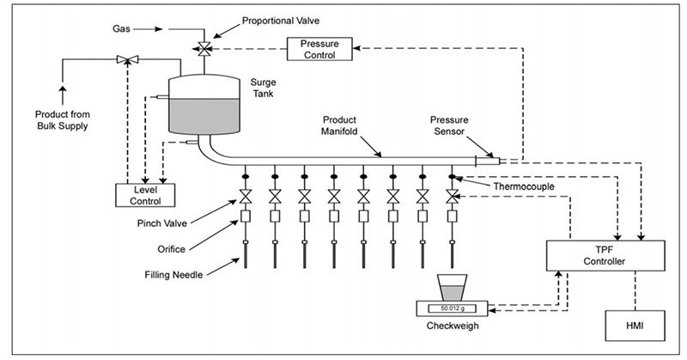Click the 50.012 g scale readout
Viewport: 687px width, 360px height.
pyautogui.click(x=451, y=308)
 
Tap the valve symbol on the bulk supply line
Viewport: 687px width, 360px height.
pyautogui.click(x=127, y=60)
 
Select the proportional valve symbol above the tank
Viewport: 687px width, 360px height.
pyautogui.click(x=204, y=48)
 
